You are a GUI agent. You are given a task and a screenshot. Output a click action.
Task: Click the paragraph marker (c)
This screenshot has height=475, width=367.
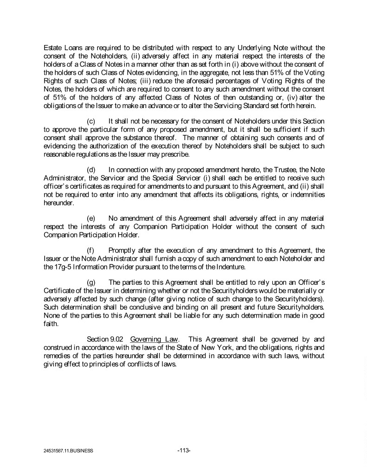(x=91, y=121)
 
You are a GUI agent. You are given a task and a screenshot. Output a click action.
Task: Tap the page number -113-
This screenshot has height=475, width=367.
(x=184, y=449)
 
